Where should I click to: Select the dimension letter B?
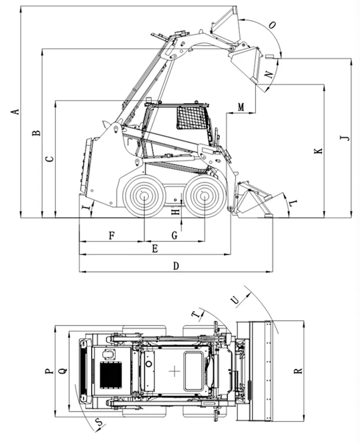click(x=36, y=133)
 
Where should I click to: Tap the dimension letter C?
click(x=49, y=158)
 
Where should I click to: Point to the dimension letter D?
click(x=176, y=266)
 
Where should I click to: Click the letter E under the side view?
click(x=155, y=248)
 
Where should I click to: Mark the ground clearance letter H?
click(x=176, y=210)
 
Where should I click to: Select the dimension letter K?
click(x=318, y=151)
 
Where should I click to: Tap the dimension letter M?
click(x=241, y=106)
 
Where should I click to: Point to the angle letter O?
click(x=272, y=26)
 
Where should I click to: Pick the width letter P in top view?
click(x=48, y=371)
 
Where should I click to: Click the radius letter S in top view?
click(x=99, y=422)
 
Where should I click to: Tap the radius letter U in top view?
click(x=235, y=299)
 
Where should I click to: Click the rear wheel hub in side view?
click(x=144, y=195)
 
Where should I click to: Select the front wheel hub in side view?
click(x=205, y=195)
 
